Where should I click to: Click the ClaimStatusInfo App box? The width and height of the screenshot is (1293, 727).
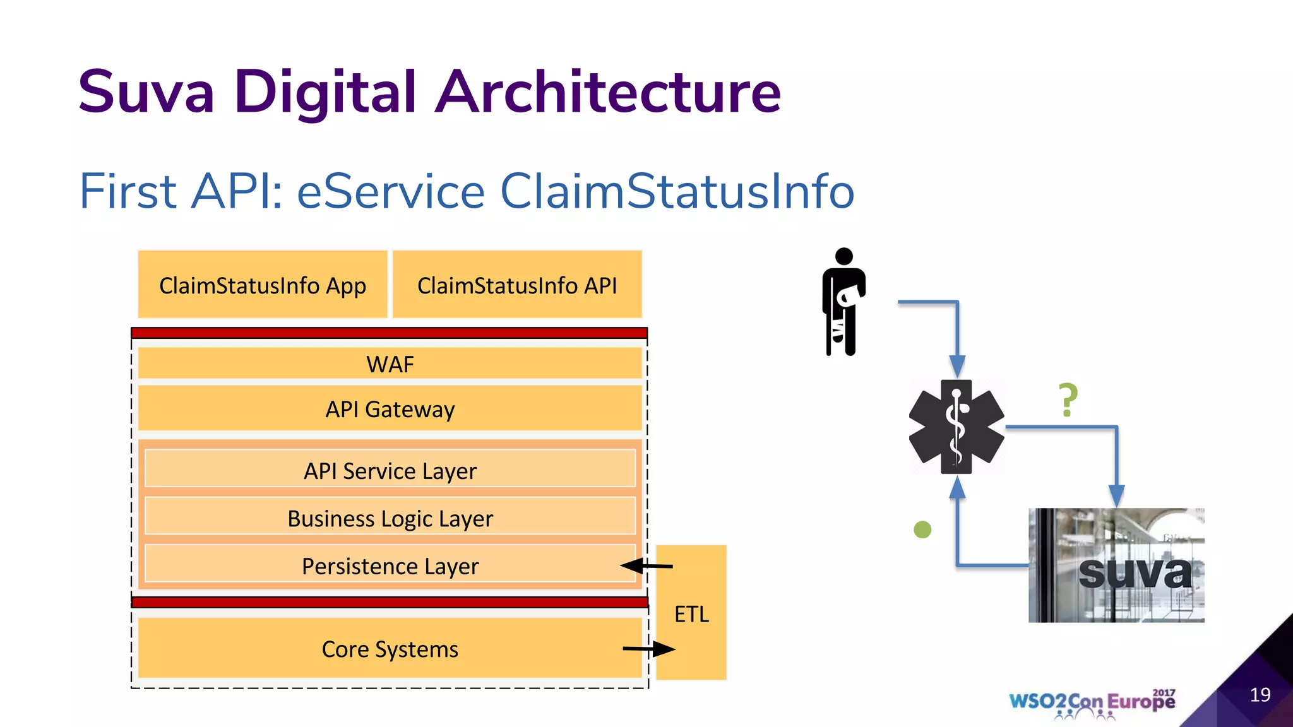pos(263,285)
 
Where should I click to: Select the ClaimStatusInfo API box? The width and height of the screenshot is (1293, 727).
pos(517,285)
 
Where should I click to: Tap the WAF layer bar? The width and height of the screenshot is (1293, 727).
pos(390,364)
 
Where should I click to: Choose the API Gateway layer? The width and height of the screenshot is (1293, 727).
pos(390,409)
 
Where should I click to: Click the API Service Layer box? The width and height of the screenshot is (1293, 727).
pos(390,470)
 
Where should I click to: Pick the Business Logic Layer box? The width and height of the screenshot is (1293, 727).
pos(390,517)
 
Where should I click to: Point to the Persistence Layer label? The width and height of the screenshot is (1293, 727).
pos(390,566)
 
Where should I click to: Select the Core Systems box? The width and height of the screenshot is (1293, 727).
pos(390,649)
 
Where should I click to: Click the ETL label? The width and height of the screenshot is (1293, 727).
pos(691,614)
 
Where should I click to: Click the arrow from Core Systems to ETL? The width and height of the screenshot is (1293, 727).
pos(649,648)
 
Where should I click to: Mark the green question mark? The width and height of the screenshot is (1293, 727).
pos(1068,400)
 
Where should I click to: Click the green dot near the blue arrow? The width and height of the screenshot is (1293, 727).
pos(922,529)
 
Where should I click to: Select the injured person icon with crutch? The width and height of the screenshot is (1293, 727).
pos(843,302)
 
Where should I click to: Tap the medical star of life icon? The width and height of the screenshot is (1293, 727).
pos(956,427)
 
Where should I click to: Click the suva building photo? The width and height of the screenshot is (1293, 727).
pos(1116,565)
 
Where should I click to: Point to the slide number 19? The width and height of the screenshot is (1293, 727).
pos(1260,695)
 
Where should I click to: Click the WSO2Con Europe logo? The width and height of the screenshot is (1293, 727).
pos(1092,702)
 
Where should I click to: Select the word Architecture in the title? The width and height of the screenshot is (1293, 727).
pos(609,92)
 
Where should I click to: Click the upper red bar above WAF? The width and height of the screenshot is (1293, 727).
pos(390,333)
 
